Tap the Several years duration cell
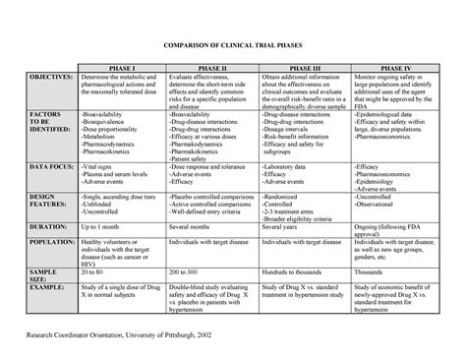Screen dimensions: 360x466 pos(285,226)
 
